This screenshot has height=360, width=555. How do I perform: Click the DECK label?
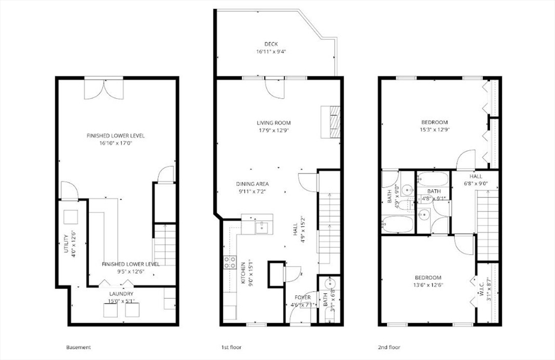271,44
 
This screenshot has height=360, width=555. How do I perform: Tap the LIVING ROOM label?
274,123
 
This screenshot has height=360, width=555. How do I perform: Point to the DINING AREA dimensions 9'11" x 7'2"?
252,191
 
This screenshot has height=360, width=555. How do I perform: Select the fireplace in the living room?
331,121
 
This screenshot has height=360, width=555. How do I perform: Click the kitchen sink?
262,228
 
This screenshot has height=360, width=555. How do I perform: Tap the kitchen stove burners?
230,262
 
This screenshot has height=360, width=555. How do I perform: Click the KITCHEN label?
243,273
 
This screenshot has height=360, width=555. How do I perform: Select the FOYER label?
302,297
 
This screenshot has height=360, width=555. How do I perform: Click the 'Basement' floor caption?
78,347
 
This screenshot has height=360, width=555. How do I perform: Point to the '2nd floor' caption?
389,347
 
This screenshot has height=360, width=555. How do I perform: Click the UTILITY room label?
66,243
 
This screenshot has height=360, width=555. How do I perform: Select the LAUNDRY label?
121,294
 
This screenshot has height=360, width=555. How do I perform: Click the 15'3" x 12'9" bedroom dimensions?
434,130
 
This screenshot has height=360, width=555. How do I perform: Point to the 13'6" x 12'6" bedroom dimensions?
428,285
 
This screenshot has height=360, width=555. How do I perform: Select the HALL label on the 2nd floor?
476,176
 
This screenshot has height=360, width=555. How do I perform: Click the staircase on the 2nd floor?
488,225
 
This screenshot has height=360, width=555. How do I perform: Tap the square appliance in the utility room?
70,217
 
